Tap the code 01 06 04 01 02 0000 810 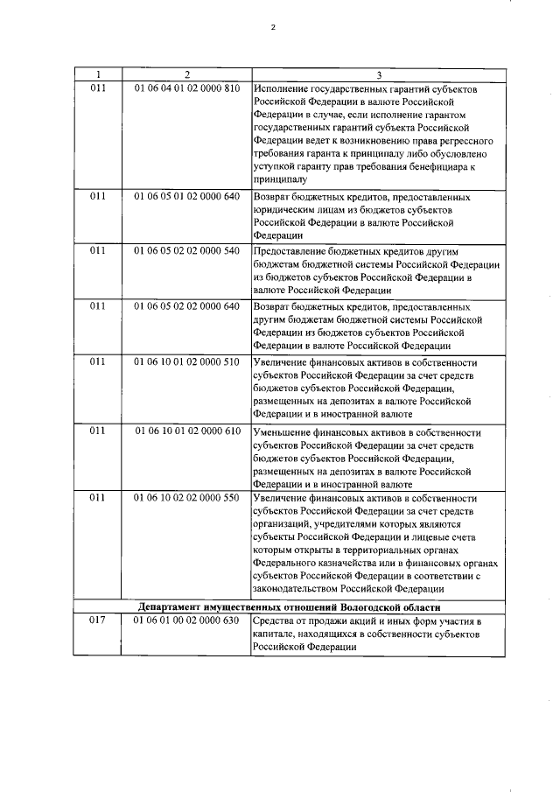[187, 88]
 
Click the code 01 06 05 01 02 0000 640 [187, 197]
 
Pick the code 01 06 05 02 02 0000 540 [187, 251]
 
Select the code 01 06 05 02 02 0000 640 [187, 306]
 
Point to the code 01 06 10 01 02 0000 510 [187, 361]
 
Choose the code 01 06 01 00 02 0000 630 [187, 620]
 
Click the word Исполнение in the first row [281, 88]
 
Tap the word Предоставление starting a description [291, 251]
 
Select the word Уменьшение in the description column [283, 431]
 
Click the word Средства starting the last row [275, 620]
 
